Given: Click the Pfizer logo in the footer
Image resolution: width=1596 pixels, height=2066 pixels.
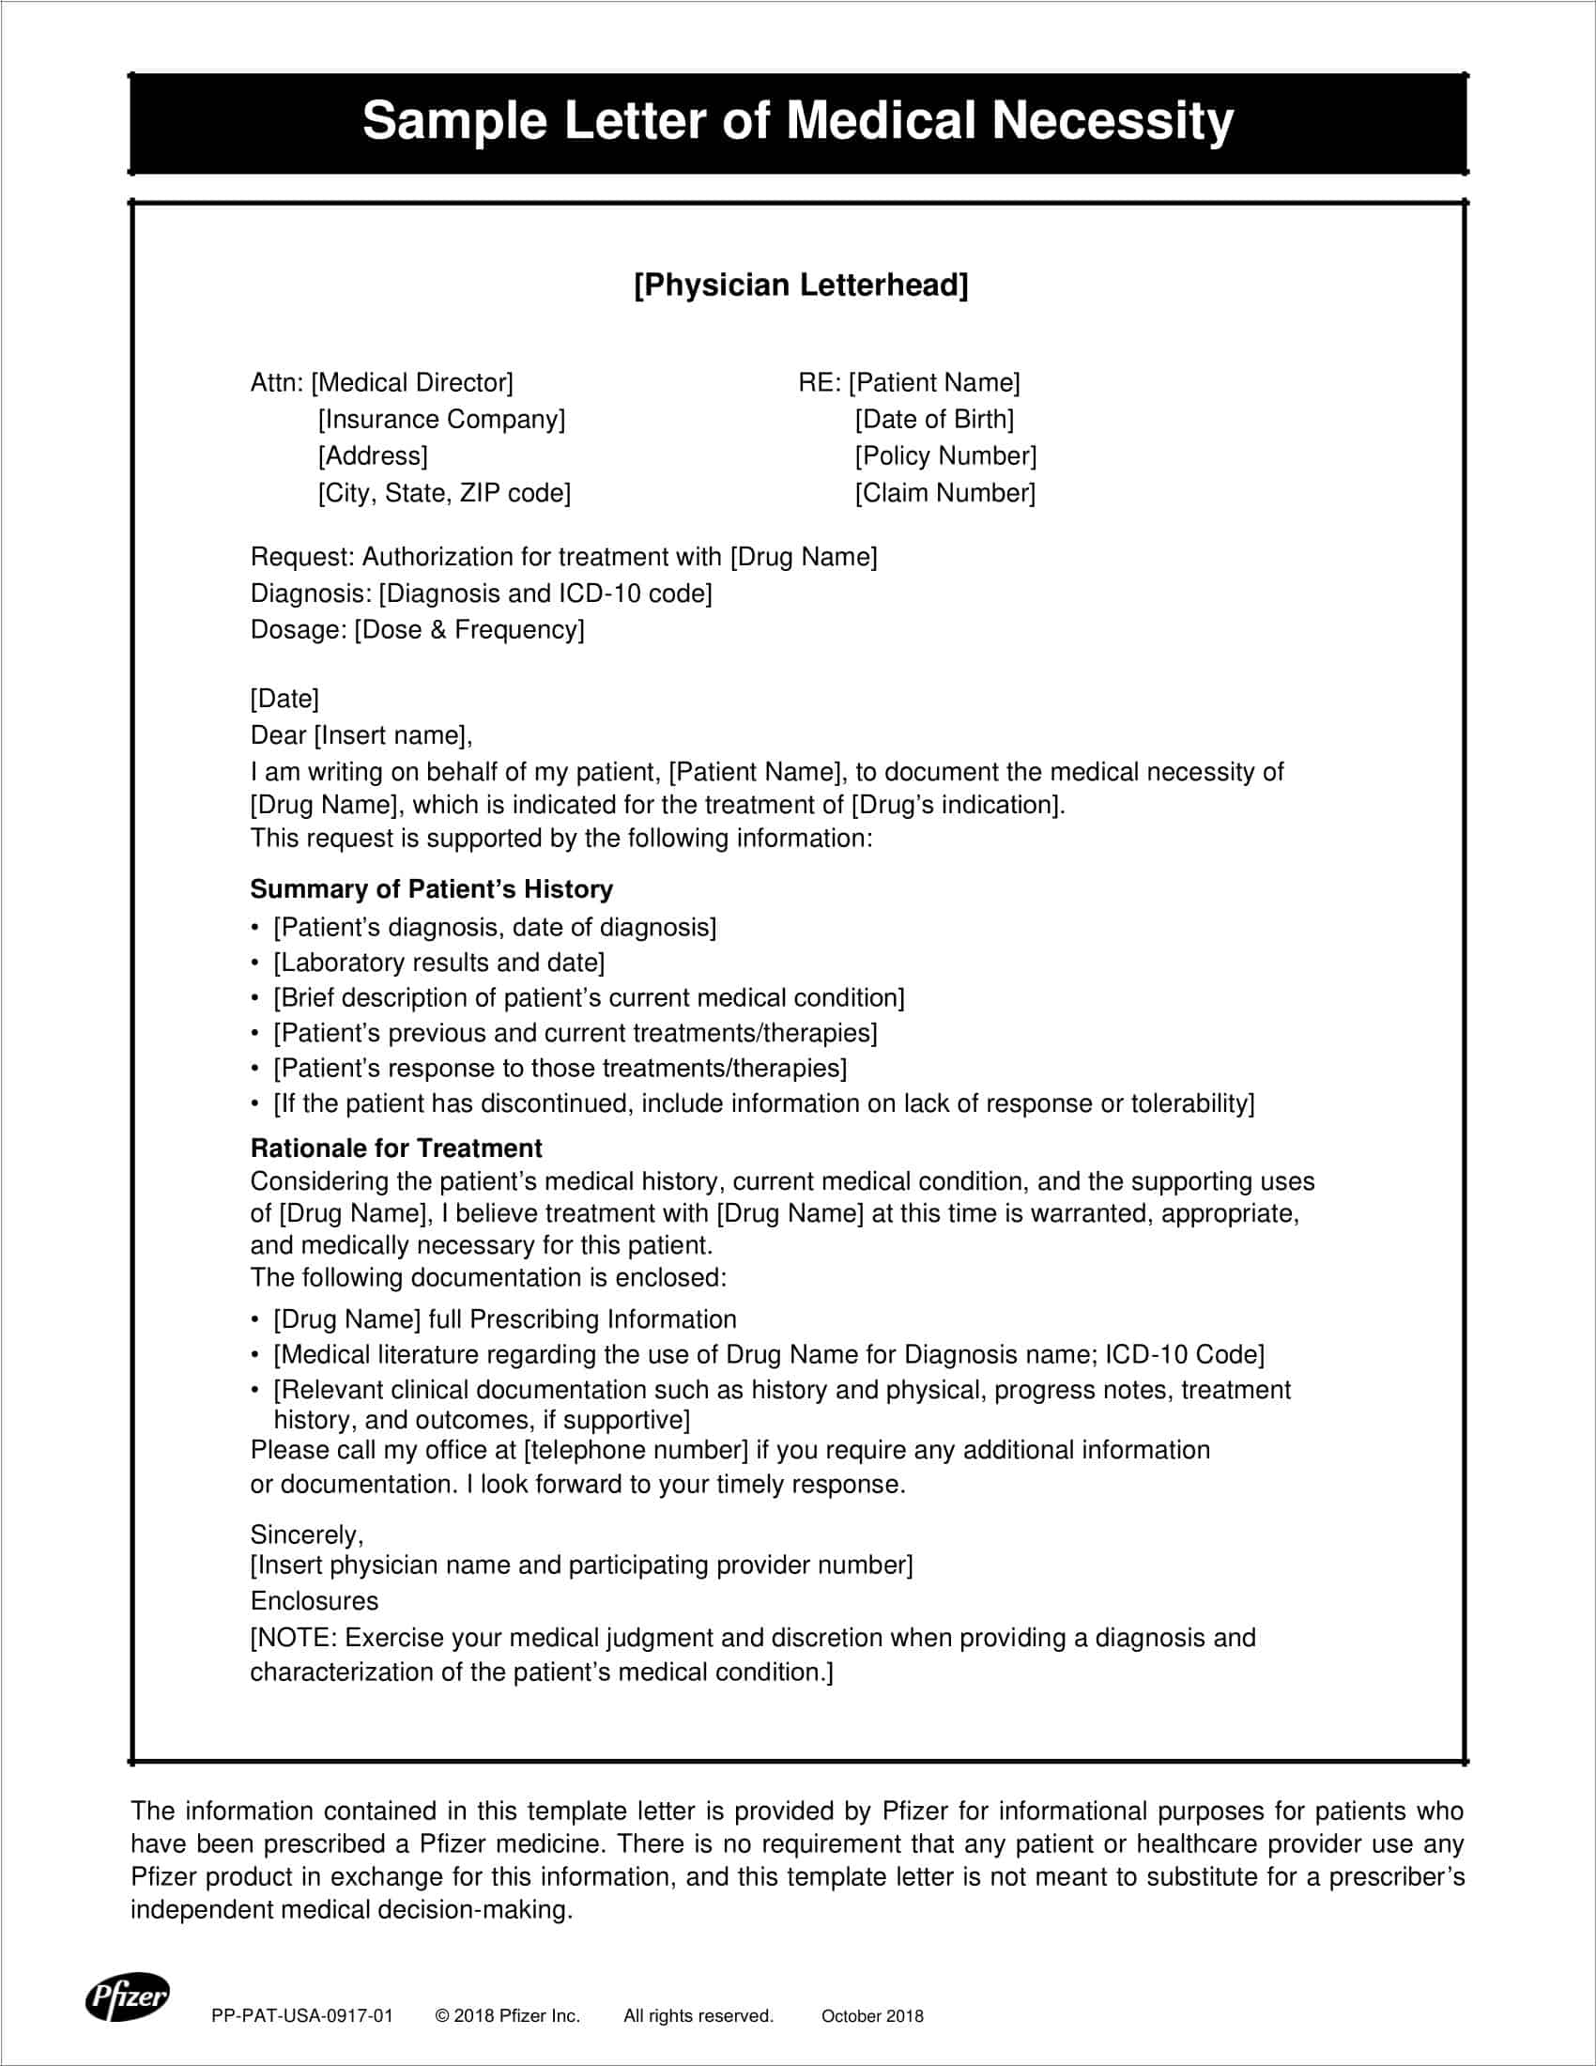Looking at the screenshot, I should [x=127, y=1996].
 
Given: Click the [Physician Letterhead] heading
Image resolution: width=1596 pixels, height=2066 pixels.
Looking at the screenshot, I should [x=801, y=285].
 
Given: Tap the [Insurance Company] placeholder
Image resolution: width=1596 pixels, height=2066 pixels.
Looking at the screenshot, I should [x=441, y=419].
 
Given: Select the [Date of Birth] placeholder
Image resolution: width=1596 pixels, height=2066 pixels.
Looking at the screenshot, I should [x=934, y=419].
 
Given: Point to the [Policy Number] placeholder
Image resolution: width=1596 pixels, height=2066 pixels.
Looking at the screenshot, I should [x=945, y=456].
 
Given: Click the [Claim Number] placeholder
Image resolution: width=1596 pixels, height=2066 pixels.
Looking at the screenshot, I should [x=945, y=493].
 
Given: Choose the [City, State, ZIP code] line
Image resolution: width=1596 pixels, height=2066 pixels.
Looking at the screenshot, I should [x=444, y=493].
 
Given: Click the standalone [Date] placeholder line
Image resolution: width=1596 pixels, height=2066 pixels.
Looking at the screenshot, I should [x=284, y=698].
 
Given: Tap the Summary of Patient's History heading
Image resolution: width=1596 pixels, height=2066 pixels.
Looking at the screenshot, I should [x=431, y=889].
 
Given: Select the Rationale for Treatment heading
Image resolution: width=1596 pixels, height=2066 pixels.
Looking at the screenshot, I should [x=396, y=1149].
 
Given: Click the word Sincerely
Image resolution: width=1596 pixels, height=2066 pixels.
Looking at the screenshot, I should [x=306, y=1534].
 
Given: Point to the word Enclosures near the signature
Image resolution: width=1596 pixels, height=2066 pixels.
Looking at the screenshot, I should [x=314, y=1600].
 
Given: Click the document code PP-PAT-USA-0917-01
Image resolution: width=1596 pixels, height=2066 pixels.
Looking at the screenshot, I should [x=301, y=2016].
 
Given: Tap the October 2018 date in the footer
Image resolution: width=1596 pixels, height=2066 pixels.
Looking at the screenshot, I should [x=872, y=2016].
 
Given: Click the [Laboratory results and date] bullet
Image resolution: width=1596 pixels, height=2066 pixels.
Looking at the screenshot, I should [x=438, y=963].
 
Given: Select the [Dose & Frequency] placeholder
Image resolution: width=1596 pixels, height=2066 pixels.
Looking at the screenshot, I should [x=469, y=630].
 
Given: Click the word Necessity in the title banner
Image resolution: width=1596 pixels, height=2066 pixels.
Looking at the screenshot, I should [x=1112, y=121].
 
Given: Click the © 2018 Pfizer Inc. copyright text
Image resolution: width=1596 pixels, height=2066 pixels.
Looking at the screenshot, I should [x=508, y=2016].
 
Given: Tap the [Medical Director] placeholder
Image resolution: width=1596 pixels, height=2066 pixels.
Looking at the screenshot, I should [x=412, y=382].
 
